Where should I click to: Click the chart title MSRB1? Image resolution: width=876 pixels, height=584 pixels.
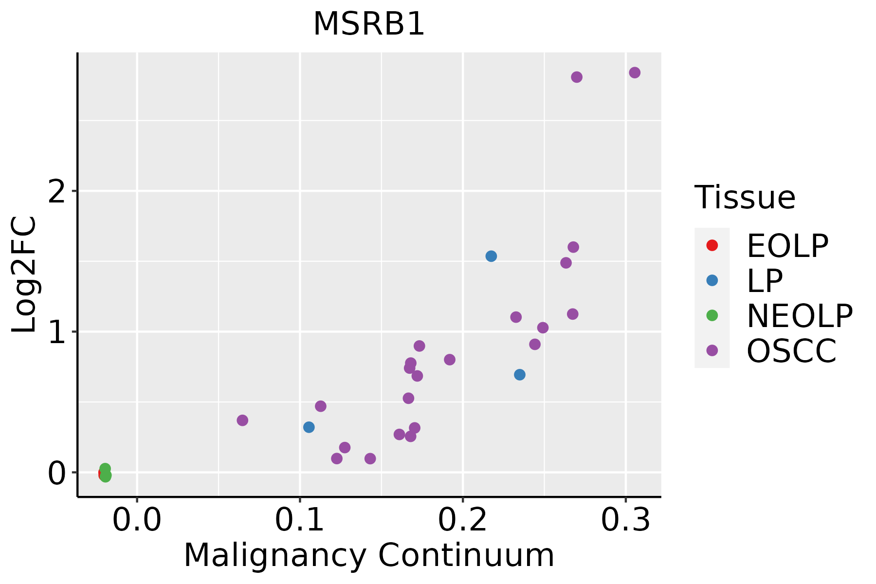tap(369, 24)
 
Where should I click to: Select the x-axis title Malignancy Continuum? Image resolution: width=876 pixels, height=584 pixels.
tap(369, 555)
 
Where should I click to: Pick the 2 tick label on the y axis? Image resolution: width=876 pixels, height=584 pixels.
tap(57, 191)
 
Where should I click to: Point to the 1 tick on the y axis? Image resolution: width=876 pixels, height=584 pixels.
tap(57, 332)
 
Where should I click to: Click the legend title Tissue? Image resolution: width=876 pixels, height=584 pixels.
tap(745, 198)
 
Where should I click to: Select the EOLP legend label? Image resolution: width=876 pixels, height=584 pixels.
tap(787, 246)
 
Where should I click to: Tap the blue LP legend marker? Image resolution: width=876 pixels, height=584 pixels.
tap(712, 280)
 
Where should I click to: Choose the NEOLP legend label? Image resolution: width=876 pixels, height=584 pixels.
tap(800, 316)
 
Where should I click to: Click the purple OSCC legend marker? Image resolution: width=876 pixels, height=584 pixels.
tap(712, 350)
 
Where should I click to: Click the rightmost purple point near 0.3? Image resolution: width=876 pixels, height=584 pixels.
tap(635, 73)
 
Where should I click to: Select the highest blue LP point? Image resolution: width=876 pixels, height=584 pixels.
tap(491, 256)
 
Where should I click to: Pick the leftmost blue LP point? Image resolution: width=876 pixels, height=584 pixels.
tap(309, 427)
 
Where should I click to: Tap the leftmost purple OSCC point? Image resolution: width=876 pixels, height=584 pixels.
tap(242, 420)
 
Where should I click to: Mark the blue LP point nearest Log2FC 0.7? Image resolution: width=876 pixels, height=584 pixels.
tap(520, 375)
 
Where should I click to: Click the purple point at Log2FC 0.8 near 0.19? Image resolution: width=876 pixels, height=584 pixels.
tap(450, 360)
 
